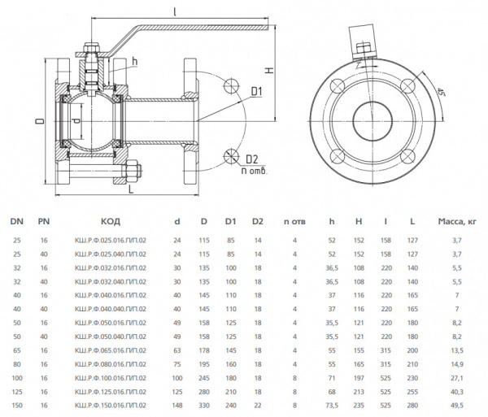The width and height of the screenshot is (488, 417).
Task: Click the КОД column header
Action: pyautogui.click(x=111, y=221)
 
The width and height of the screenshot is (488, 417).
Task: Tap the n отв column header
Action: pyautogui.click(x=294, y=221)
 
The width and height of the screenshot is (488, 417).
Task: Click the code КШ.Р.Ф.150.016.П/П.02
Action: pyautogui.click(x=111, y=404)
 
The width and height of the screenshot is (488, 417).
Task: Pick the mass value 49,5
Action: pyautogui.click(x=456, y=404)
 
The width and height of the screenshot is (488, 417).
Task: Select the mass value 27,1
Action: pyautogui.click(x=456, y=378)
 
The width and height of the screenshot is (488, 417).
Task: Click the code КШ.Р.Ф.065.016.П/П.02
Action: pyautogui.click(x=111, y=352)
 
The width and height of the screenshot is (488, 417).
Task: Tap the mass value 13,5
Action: pyautogui.click(x=456, y=352)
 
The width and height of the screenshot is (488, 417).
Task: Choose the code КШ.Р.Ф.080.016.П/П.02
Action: pyautogui.click(x=111, y=365)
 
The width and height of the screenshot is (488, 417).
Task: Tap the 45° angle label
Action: pyautogui.click(x=440, y=91)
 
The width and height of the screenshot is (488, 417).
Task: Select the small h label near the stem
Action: pyautogui.click(x=134, y=62)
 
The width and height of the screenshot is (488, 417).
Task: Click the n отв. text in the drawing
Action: pyautogui.click(x=254, y=171)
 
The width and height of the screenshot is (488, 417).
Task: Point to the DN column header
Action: pyautogui.click(x=17, y=221)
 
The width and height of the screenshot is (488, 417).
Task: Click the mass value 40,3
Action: pyautogui.click(x=456, y=391)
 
